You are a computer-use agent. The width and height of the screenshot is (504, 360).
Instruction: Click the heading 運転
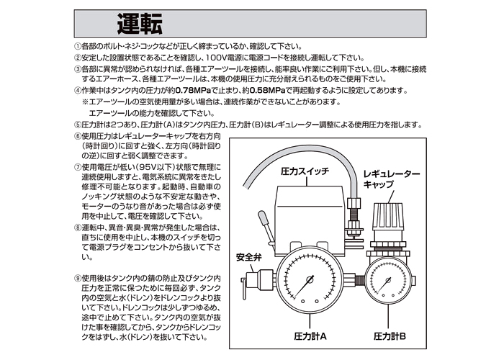tap(140, 24)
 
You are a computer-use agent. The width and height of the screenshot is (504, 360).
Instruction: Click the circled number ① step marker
tap(78, 46)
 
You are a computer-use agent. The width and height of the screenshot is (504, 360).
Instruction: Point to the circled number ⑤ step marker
tap(78, 125)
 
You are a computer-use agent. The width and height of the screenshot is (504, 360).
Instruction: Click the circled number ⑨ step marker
tap(78, 279)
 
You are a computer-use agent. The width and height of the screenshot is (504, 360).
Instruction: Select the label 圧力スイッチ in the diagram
tap(305, 171)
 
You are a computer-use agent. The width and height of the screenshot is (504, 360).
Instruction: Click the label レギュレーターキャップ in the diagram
tap(392, 179)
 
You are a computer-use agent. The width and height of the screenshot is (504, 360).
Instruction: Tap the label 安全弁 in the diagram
tap(249, 258)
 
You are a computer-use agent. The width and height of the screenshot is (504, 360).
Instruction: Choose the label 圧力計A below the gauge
tap(310, 336)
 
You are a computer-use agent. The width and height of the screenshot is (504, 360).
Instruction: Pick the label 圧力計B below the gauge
tap(390, 336)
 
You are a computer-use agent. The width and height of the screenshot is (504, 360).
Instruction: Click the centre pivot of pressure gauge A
tap(310, 280)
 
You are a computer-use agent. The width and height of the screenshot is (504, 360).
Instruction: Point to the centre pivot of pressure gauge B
tap(388, 280)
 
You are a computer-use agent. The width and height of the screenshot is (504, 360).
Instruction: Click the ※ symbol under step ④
tap(85, 102)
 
